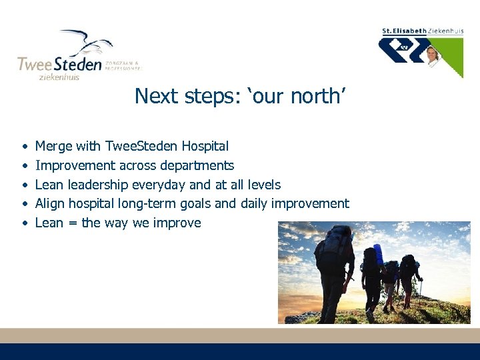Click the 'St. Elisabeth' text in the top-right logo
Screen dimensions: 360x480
(x=405, y=31)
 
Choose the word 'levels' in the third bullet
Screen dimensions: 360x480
(x=264, y=185)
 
